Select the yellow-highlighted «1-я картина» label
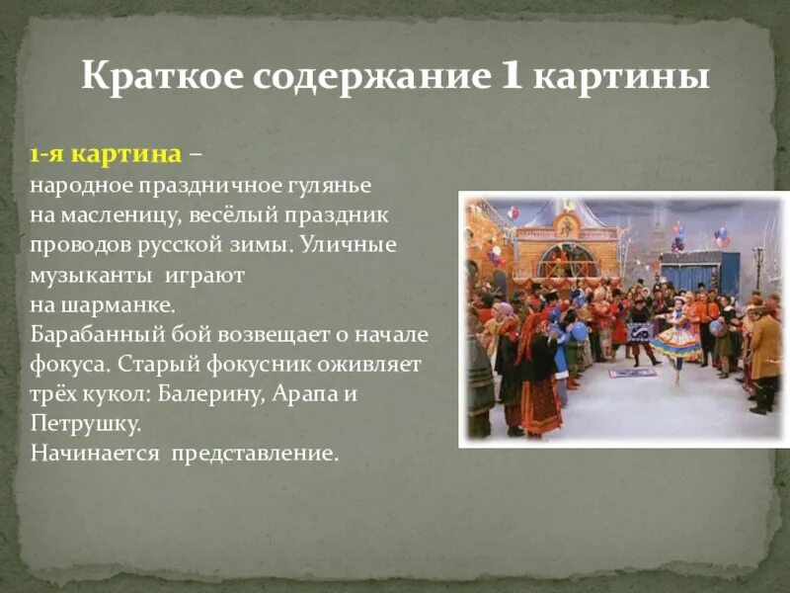[x=105, y=155]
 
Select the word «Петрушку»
[x=85, y=424]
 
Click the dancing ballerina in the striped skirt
[x=677, y=336]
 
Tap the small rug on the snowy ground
[x=632, y=373]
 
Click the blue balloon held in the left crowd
[x=578, y=332]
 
